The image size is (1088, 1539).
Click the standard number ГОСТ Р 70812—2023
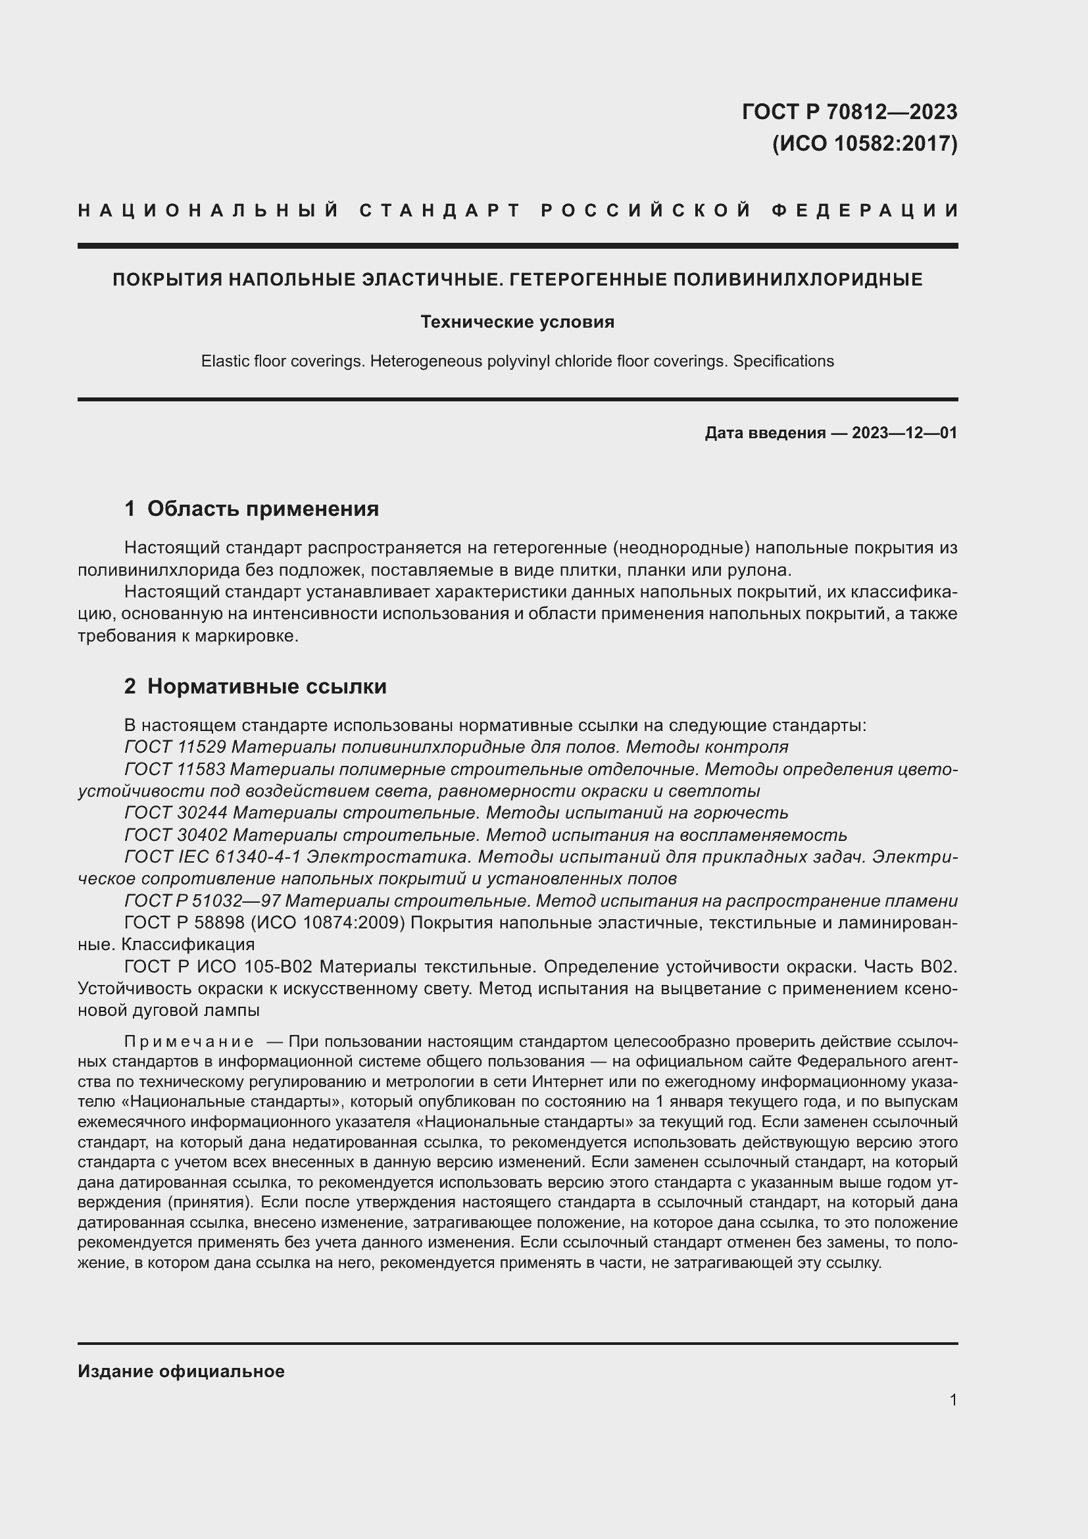(x=849, y=112)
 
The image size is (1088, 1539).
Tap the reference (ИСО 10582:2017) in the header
(x=864, y=143)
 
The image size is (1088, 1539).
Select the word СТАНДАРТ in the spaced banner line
(x=440, y=211)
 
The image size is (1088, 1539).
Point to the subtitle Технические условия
(x=517, y=322)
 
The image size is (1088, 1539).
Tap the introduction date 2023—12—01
(x=904, y=433)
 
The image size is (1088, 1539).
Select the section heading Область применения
(x=262, y=509)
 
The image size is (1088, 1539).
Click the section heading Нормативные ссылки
(x=266, y=686)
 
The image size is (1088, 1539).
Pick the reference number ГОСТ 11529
(x=176, y=747)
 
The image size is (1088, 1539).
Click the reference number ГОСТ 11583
(x=176, y=769)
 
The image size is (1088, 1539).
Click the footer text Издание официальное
(x=181, y=1371)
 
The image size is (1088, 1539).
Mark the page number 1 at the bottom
(x=953, y=1400)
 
